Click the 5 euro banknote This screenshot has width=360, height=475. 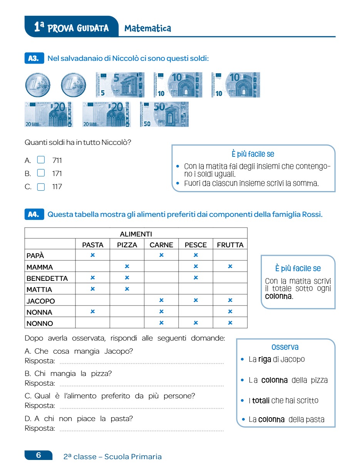120,85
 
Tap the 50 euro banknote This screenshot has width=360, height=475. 164,114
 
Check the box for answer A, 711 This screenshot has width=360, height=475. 41,160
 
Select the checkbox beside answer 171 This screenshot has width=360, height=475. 41,173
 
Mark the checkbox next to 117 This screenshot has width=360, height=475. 41,187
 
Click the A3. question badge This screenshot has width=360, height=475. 34,58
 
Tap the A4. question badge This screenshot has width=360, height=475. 34,215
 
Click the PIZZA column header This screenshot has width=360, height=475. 127,245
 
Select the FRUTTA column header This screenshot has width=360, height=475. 230,245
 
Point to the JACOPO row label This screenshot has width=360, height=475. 41,301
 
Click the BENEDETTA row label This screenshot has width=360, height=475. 47,278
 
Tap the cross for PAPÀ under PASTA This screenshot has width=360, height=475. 92,255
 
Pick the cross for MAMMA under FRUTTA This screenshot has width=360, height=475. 230,266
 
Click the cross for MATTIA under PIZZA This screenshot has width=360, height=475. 127,289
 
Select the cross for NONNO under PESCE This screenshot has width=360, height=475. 196,323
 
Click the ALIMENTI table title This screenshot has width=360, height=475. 136,234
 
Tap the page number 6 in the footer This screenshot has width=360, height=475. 39,455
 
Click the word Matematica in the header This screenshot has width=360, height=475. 148,29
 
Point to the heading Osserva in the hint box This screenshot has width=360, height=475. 285,347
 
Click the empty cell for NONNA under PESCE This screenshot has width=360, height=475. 196,312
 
